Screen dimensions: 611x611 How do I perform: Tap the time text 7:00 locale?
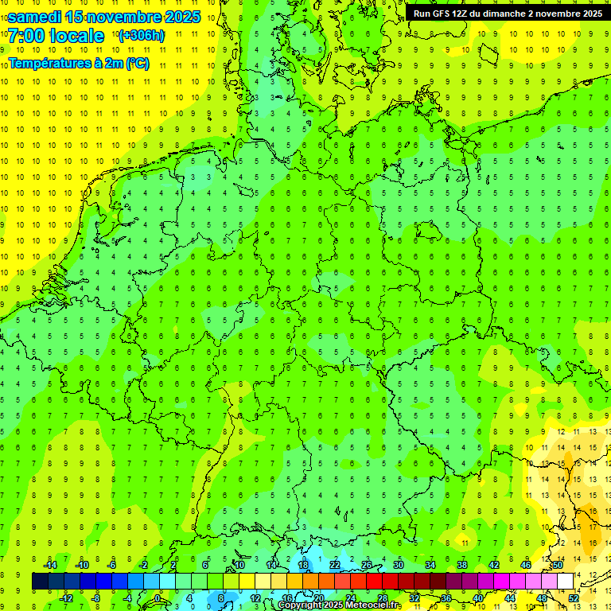click(x=56, y=36)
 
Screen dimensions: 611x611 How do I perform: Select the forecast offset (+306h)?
click(x=141, y=36)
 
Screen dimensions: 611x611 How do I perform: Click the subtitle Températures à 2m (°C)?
click(x=81, y=63)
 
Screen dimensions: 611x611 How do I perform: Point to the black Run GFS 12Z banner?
click(x=508, y=13)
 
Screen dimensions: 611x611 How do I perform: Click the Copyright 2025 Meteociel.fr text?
click(x=339, y=605)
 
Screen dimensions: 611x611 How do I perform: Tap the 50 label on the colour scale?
click(x=557, y=564)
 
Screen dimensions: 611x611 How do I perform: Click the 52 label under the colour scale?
click(x=573, y=598)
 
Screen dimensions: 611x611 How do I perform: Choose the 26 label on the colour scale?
click(x=366, y=564)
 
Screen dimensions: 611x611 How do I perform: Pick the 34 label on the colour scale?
click(x=430, y=564)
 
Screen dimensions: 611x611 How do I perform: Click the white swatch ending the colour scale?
click(x=565, y=581)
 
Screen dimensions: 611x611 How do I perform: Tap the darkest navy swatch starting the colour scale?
click(x=40, y=581)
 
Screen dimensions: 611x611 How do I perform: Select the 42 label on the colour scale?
click(x=493, y=564)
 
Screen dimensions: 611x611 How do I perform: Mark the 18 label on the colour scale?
click(x=302, y=564)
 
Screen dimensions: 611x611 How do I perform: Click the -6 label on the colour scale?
click(x=112, y=564)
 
